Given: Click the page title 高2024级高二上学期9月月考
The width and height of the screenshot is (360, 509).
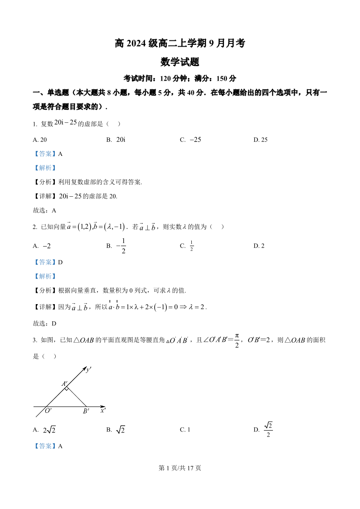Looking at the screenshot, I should [180, 44].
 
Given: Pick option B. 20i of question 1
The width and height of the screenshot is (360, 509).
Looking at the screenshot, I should [116, 140].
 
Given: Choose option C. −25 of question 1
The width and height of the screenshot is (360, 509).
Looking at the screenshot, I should [190, 140].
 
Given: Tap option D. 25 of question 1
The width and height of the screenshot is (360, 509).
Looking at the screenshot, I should [260, 140].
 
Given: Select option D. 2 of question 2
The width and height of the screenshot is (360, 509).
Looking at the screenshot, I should [259, 246].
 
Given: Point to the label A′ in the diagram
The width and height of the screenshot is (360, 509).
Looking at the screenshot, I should [64, 383].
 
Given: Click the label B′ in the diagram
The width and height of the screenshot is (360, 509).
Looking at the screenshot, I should [86, 411].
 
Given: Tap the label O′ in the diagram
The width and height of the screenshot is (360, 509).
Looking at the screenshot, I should [48, 411].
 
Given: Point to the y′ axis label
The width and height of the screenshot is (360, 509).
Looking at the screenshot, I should [89, 369].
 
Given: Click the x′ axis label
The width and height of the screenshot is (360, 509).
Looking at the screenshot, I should [103, 410].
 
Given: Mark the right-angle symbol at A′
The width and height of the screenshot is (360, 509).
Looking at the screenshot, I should [67, 388].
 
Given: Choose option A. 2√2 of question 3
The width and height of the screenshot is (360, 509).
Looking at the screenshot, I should [44, 430].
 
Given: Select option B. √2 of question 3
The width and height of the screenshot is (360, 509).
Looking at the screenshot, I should [116, 430].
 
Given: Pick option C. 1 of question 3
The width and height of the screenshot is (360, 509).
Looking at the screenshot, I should [185, 430].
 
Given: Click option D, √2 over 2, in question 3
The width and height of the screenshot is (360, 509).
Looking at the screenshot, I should [263, 429].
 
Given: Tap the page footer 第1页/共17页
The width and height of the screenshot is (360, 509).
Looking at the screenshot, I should [180, 468].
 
